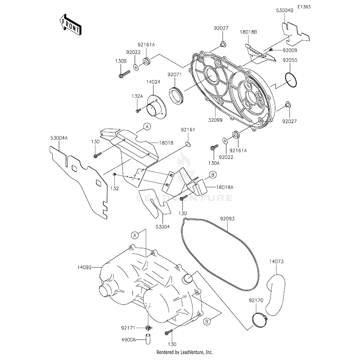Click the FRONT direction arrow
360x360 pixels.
tap(70, 24)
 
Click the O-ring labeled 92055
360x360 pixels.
tap(291, 80)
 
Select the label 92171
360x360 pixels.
tap(127, 328)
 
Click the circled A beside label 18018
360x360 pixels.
tap(147, 127)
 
